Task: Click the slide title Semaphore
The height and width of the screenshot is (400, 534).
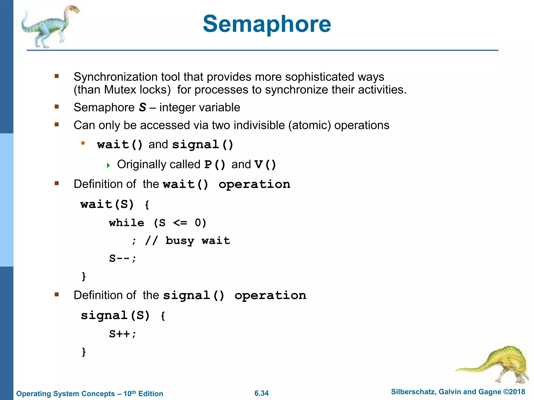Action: [x=267, y=24]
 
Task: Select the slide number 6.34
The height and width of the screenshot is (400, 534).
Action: [x=262, y=393]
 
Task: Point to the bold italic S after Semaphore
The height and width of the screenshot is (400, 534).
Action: [x=143, y=107]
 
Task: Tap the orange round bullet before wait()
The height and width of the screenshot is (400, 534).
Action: [x=83, y=143]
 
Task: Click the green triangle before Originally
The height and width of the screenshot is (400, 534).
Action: [x=108, y=165]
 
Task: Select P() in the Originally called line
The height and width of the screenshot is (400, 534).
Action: [x=215, y=165]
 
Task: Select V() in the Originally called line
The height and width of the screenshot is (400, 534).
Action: [x=265, y=165]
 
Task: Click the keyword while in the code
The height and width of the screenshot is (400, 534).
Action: [x=126, y=223]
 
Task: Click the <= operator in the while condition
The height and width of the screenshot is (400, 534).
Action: [x=180, y=223]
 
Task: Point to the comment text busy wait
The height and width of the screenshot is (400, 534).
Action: [x=198, y=241]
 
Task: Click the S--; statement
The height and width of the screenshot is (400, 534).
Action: [x=123, y=259]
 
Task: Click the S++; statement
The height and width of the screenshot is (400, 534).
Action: [x=123, y=334]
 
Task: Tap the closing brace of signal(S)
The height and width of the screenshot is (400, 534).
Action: [x=84, y=352]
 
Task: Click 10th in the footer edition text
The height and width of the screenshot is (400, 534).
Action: [x=130, y=393]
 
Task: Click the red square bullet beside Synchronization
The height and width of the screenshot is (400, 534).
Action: [x=57, y=76]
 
